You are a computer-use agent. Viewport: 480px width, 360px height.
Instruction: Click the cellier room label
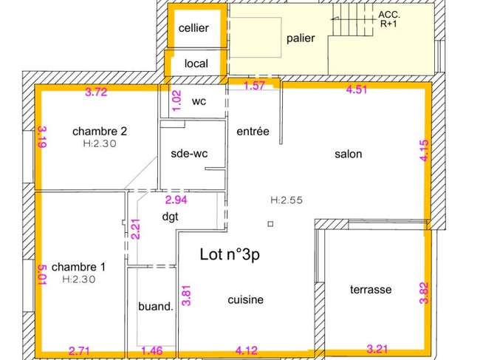(193, 28)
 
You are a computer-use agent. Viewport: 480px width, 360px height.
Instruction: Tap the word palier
(301, 38)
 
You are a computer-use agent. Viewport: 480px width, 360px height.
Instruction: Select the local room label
(196, 64)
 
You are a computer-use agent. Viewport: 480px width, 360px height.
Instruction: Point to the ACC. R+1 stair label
(388, 19)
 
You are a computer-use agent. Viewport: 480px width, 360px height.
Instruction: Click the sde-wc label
(189, 153)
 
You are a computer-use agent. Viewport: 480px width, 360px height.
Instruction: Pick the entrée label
(253, 131)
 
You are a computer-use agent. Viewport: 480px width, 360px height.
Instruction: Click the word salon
(349, 154)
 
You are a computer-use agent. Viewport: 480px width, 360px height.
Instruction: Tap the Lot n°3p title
(230, 254)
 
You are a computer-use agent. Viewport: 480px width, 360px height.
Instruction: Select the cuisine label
(245, 299)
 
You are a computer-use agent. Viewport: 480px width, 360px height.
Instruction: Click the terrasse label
(371, 290)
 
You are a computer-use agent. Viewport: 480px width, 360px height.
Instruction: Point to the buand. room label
(156, 306)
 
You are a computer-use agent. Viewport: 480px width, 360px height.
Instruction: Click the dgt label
(170, 217)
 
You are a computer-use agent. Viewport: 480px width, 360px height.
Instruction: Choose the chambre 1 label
(78, 267)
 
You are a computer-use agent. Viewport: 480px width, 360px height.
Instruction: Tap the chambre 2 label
(100, 132)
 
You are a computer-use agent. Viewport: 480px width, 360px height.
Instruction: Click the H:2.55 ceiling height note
(287, 200)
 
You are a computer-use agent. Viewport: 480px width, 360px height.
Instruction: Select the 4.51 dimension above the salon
(357, 89)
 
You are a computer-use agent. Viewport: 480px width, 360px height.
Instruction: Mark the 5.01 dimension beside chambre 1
(42, 275)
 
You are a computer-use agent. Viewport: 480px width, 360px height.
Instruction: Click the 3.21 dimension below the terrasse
(377, 349)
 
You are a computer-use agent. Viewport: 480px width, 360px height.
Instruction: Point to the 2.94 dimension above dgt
(176, 200)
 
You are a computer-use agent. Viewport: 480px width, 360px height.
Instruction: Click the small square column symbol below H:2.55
(270, 224)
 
